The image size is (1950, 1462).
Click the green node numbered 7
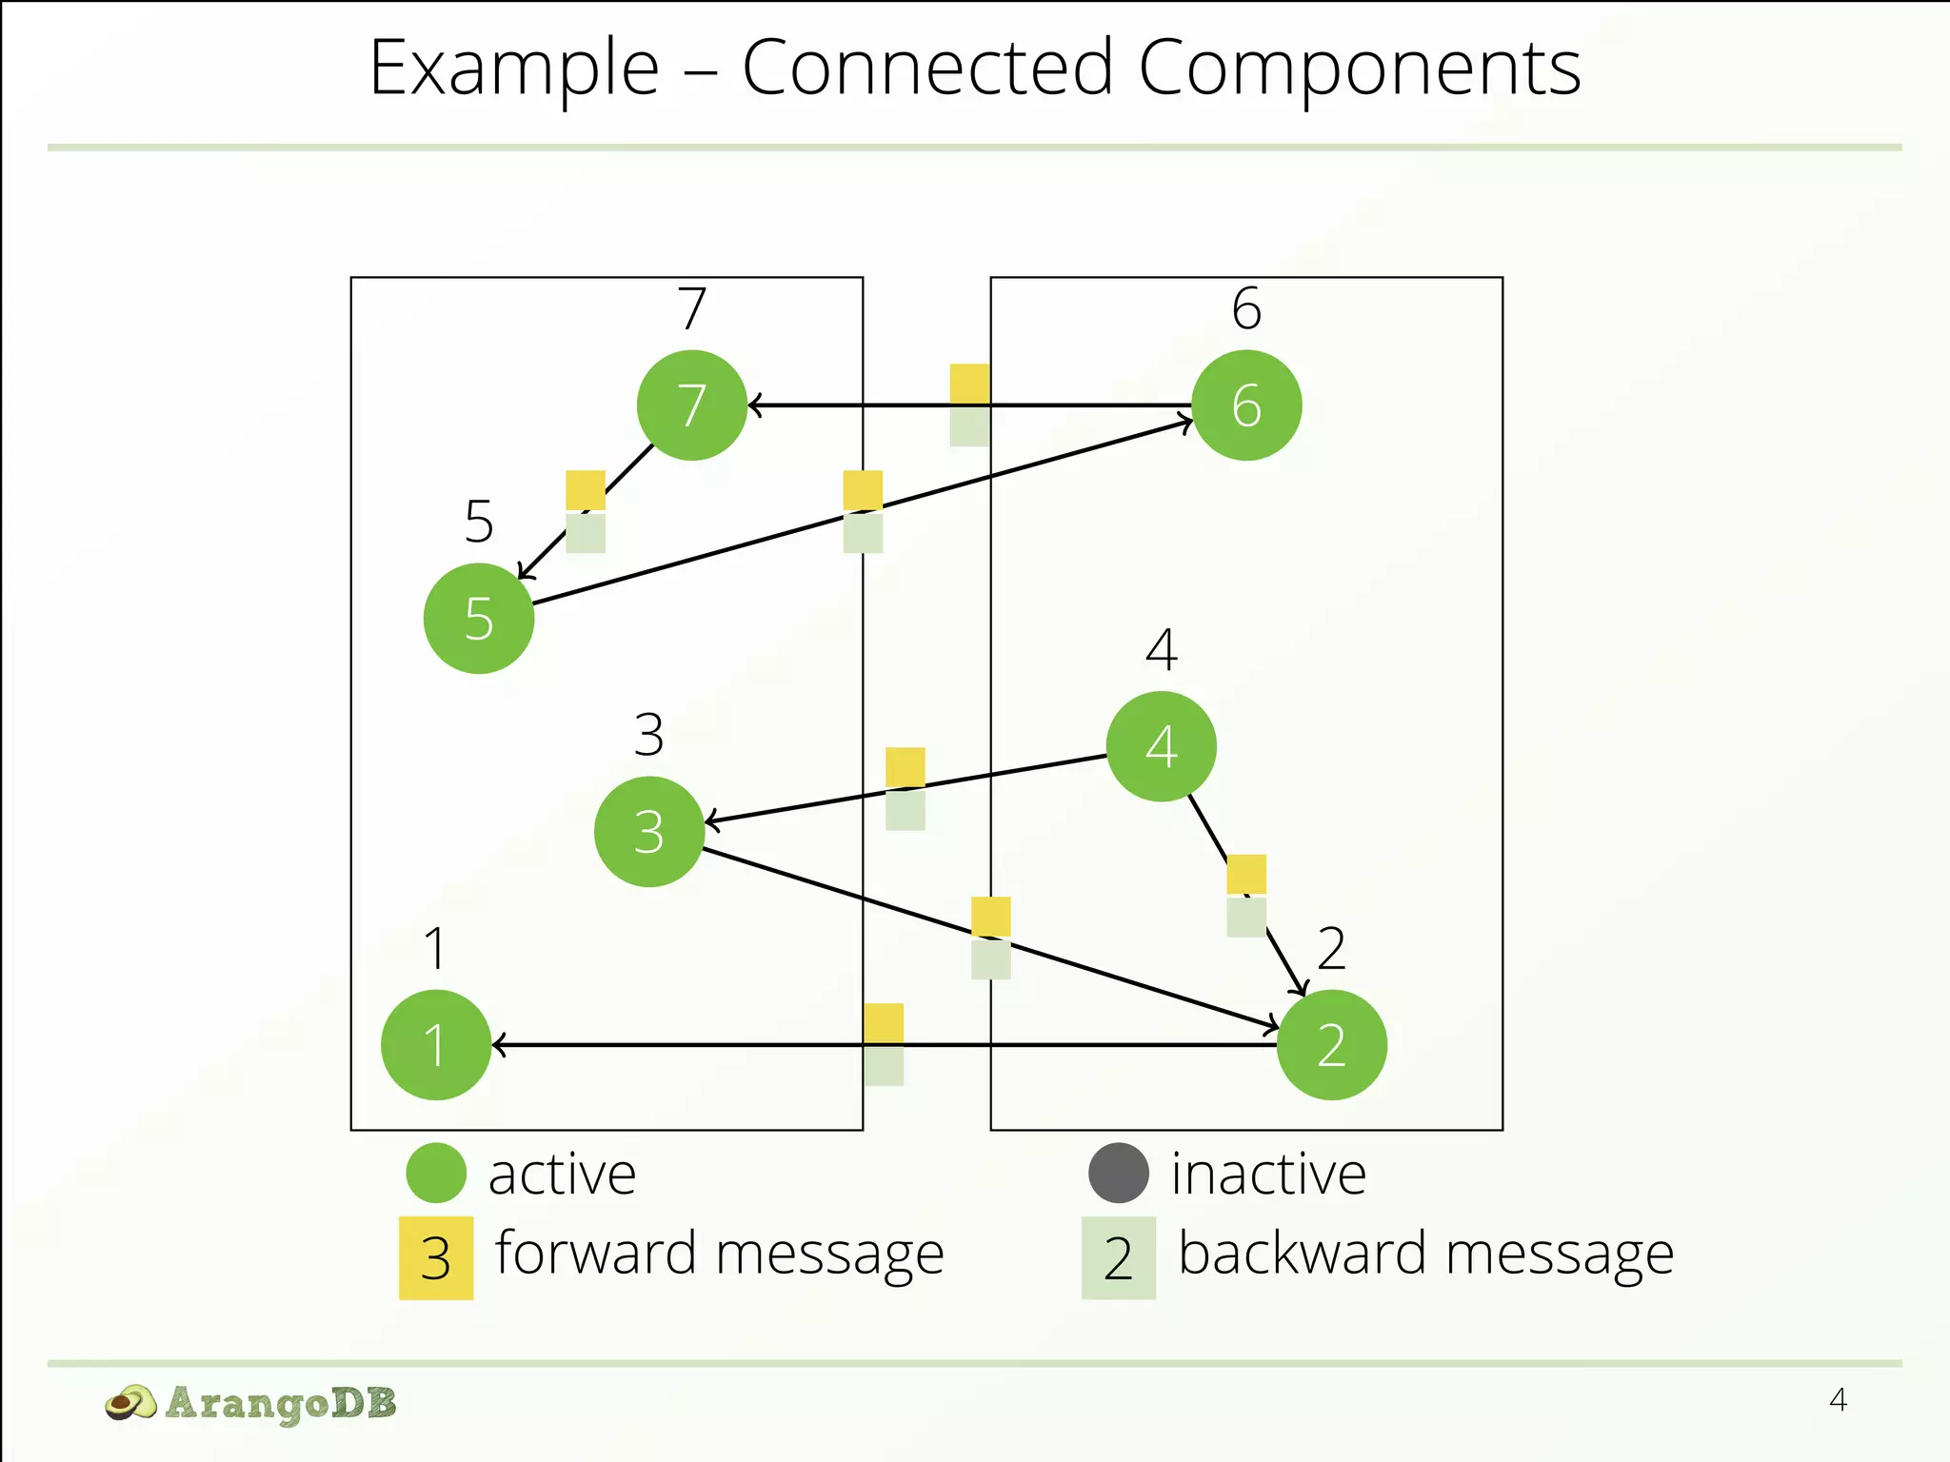click(692, 405)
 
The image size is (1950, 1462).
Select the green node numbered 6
click(1246, 405)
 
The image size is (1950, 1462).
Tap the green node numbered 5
click(479, 619)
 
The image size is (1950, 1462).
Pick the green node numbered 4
click(1161, 746)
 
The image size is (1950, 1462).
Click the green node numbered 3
click(649, 832)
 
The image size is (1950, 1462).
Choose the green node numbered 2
click(1331, 1045)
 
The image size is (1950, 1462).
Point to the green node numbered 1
click(436, 1045)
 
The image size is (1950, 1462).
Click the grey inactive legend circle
click(1118, 1173)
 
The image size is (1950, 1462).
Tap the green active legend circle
click(436, 1173)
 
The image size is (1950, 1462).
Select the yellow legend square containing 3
click(436, 1258)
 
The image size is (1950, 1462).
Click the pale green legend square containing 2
click(1118, 1258)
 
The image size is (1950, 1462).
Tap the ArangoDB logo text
click(280, 1403)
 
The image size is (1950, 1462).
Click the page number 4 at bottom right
click(1838, 1400)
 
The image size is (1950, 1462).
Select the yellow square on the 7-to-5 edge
click(586, 490)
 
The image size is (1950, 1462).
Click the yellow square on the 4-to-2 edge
click(1246, 874)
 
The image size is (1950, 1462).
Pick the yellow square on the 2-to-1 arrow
click(884, 1023)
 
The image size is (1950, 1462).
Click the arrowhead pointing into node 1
click(498, 1045)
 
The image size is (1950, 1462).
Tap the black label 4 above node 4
click(1161, 650)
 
